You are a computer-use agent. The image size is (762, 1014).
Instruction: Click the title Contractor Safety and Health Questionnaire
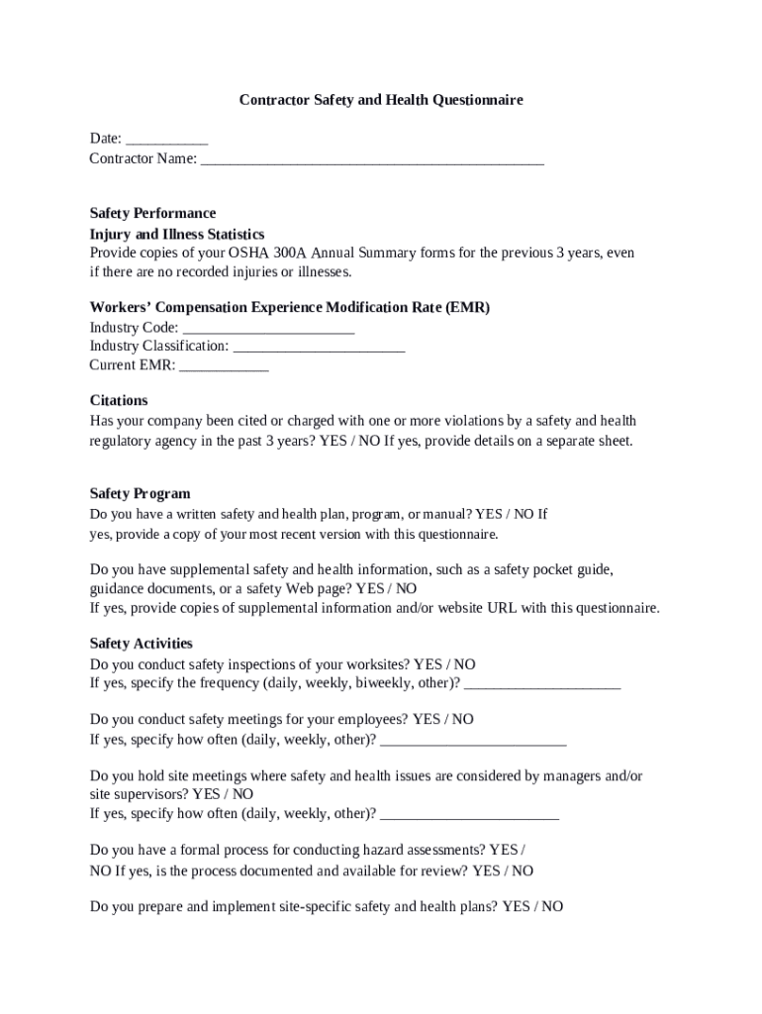381,100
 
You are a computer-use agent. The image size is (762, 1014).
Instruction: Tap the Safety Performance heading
152,213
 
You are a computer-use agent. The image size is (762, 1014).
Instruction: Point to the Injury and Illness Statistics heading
177,234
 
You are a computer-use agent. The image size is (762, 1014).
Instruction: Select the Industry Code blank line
269,329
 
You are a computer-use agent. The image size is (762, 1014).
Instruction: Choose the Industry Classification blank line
319,348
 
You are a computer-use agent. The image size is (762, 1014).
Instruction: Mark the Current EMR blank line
225,366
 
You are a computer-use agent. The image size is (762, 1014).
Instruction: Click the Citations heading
119,400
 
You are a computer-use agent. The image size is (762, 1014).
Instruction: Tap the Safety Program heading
140,493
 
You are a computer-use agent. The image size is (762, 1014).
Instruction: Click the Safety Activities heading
142,644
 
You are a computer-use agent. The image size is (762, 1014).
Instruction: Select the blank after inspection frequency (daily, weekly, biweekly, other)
541,684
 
